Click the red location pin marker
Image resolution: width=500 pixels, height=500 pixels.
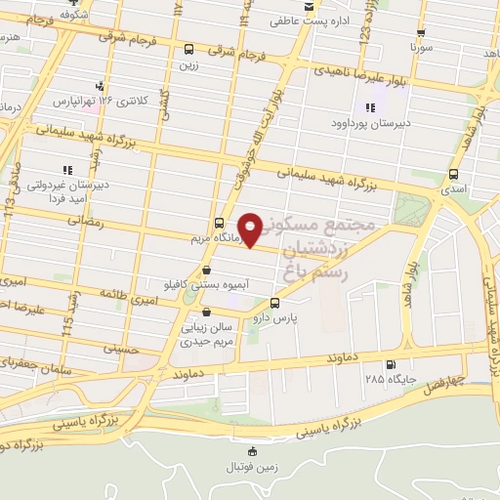coord(252,229)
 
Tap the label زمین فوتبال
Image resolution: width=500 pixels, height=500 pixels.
coord(255,466)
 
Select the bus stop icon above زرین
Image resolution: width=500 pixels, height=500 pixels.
coord(188,49)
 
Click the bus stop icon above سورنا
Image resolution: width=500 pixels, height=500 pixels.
coord(421,32)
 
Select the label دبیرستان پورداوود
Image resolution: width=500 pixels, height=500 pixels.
coord(369,122)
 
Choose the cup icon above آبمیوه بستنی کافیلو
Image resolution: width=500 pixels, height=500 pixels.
coord(206,270)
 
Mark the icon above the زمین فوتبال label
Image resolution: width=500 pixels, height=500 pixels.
coord(254,450)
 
